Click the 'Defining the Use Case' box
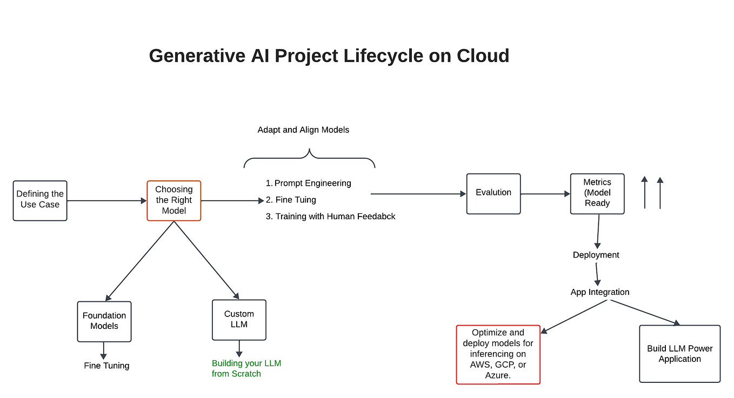[40, 200]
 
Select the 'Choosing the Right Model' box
[174, 200]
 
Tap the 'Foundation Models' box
[104, 321]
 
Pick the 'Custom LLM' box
[239, 320]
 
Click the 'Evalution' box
[493, 193]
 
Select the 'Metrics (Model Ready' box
[597, 193]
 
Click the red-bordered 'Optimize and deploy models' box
[498, 354]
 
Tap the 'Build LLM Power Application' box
[679, 354]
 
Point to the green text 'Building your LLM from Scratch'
[246, 368]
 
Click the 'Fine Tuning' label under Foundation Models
[106, 366]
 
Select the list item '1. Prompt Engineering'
[308, 183]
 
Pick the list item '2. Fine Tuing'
[291, 200]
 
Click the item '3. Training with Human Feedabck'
[330, 217]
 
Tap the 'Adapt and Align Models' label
[303, 130]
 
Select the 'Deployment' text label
[596, 255]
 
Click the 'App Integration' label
[599, 292]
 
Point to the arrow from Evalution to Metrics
[545, 193]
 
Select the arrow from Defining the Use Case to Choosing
[106, 201]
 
